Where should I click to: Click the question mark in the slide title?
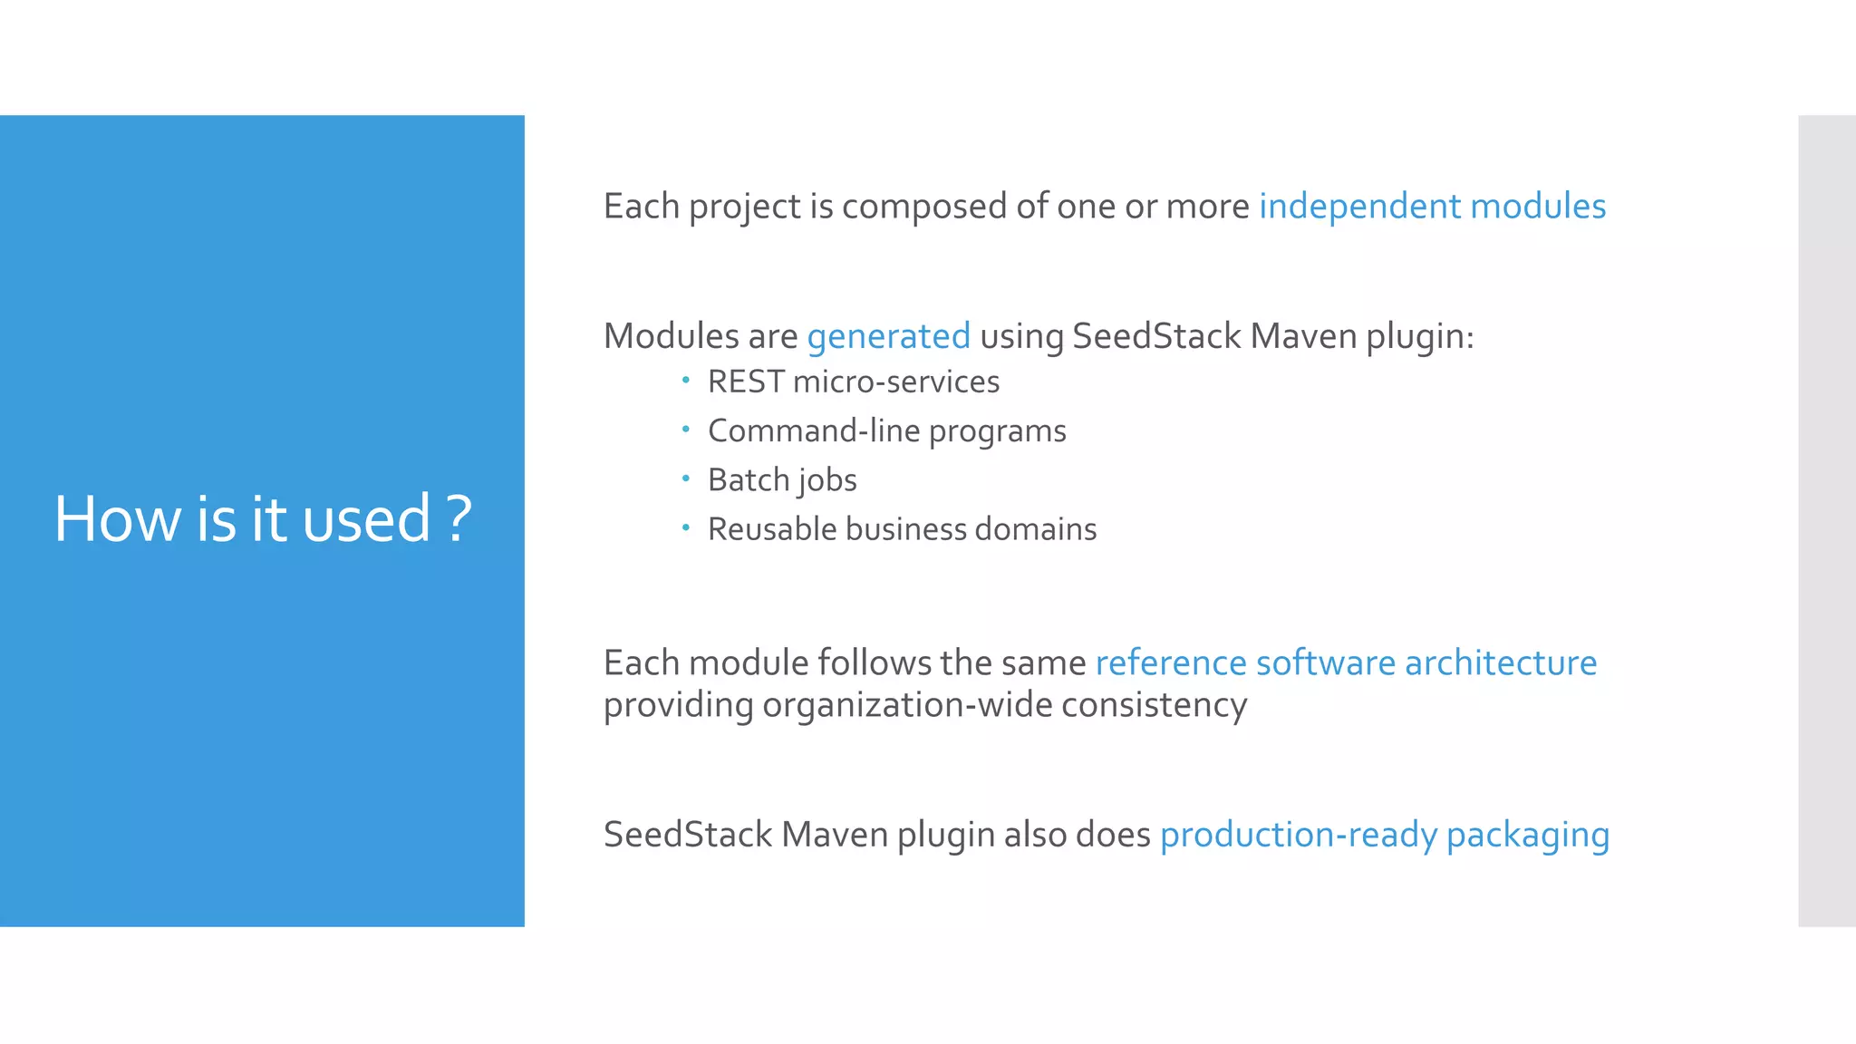[459, 519]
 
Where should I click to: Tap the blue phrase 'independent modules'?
[1432, 207]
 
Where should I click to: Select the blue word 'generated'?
[888, 336]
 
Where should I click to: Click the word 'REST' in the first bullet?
[746, 382]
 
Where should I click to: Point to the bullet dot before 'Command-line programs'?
[686, 428]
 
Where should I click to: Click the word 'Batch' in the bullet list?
[749, 479]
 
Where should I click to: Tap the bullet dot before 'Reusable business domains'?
[686, 526]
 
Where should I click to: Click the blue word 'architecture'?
[1501, 662]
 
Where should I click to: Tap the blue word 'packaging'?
[1528, 835]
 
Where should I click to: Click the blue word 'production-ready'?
[1298, 835]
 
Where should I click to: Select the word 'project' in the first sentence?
[744, 208]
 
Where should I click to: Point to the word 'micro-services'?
[895, 382]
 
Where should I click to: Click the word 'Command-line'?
[813, 430]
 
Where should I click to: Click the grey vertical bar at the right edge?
[1826, 520]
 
